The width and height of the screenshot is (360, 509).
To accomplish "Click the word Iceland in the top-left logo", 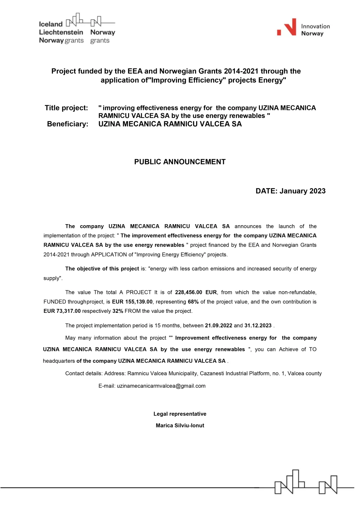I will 51,24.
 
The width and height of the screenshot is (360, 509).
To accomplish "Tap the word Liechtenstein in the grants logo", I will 61,32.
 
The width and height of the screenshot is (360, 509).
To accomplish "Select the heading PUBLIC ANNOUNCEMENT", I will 180,162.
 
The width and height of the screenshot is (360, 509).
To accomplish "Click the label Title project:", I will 66,108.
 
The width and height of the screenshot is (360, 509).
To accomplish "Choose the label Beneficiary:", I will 68,124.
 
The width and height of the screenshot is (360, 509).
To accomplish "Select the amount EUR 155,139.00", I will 132,302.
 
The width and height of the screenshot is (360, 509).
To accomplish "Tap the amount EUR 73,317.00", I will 62,311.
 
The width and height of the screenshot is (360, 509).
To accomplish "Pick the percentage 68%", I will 193,302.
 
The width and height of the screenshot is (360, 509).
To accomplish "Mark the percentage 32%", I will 118,311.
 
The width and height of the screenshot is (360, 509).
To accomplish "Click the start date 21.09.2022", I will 218,326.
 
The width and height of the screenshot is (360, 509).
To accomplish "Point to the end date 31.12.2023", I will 258,326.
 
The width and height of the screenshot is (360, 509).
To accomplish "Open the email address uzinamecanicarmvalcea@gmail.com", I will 161,386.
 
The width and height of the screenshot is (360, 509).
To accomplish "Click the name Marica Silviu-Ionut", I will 180,425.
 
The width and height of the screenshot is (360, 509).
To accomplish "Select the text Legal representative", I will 180,414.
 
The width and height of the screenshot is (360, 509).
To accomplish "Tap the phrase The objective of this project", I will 102,269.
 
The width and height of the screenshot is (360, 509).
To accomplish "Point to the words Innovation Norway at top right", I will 315,30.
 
